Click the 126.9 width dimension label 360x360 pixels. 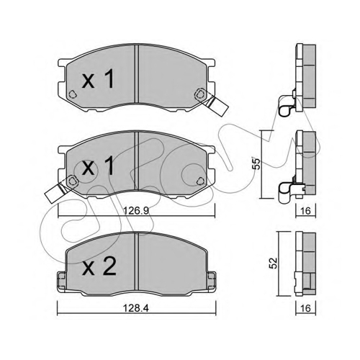pos(136,211)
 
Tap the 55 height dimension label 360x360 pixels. pos(256,163)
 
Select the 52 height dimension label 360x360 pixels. pos(274,263)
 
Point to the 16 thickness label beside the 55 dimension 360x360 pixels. pos(305,211)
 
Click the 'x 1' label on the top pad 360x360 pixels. pos(98,80)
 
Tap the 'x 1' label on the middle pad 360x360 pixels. pos(98,166)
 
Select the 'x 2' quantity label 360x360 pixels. pos(99,266)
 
